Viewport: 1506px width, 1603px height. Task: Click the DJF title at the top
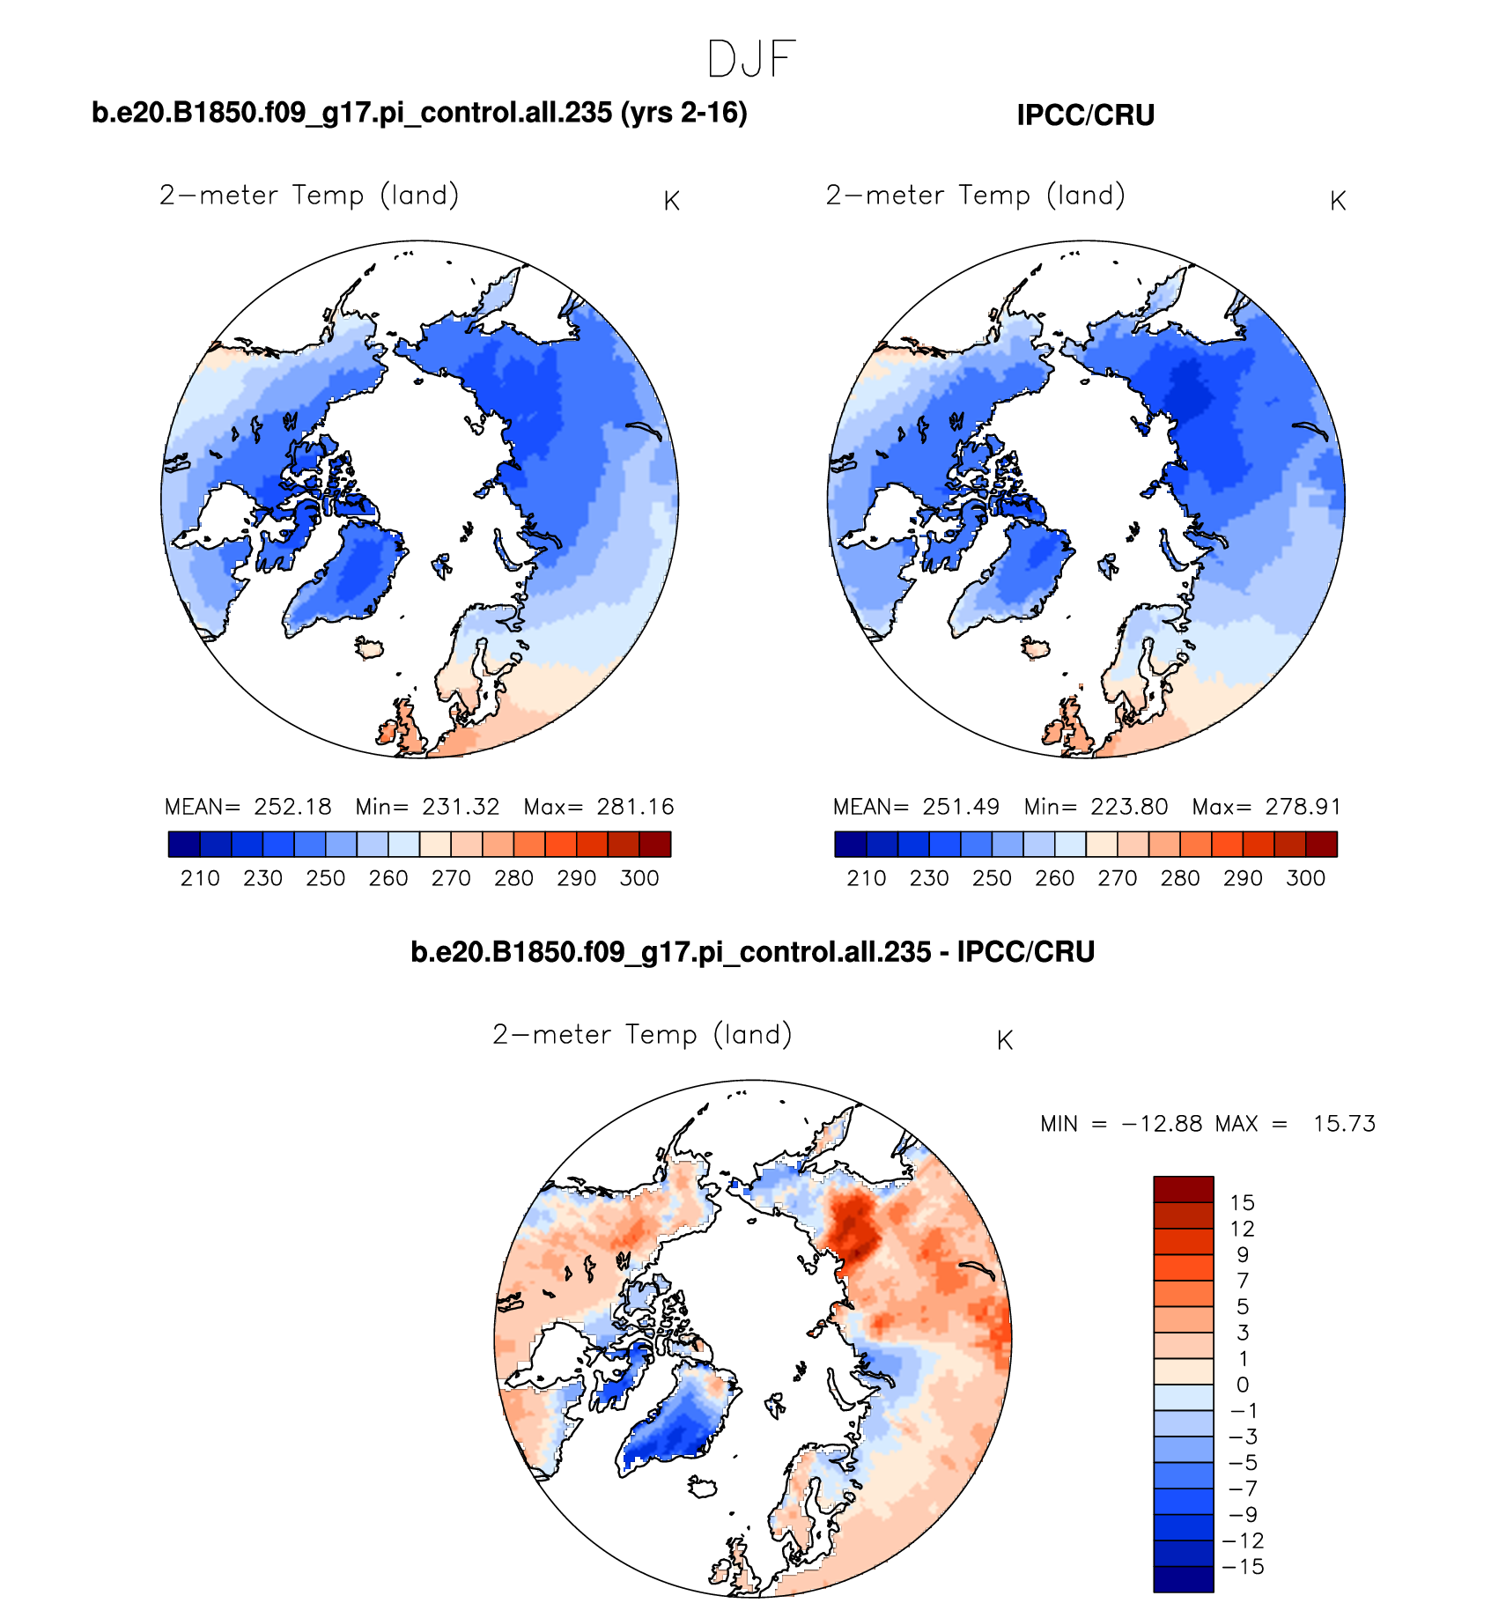pyautogui.click(x=751, y=60)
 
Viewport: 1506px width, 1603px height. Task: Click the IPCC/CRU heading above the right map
pyautogui.click(x=1085, y=115)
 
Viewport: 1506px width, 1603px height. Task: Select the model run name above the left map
pyautogui.click(x=419, y=113)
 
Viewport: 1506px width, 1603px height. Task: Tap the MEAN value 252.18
pyautogui.click(x=292, y=807)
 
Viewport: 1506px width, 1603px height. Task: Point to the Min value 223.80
pyautogui.click(x=1129, y=807)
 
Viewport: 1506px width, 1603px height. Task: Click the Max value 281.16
pyautogui.click(x=635, y=807)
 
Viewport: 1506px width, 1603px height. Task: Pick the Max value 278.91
pyautogui.click(x=1303, y=807)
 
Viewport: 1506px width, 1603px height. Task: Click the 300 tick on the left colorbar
pyautogui.click(x=639, y=878)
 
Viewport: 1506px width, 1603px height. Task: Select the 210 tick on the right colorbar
pyautogui.click(x=866, y=878)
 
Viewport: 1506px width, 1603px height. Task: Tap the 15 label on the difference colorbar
pyautogui.click(x=1242, y=1203)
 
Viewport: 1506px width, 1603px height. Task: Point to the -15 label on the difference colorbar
pyautogui.click(x=1243, y=1567)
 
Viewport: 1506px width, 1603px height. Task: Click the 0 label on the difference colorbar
pyautogui.click(x=1242, y=1385)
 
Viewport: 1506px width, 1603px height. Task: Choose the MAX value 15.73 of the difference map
pyautogui.click(x=1344, y=1124)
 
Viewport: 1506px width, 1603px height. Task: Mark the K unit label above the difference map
pyautogui.click(x=1005, y=1041)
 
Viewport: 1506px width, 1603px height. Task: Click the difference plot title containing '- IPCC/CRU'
pyautogui.click(x=752, y=952)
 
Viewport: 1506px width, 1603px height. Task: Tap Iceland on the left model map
pyautogui.click(x=370, y=648)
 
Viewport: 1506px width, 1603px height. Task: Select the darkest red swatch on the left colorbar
pyautogui.click(x=655, y=845)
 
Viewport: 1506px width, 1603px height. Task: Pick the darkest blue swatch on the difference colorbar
pyautogui.click(x=1184, y=1579)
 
